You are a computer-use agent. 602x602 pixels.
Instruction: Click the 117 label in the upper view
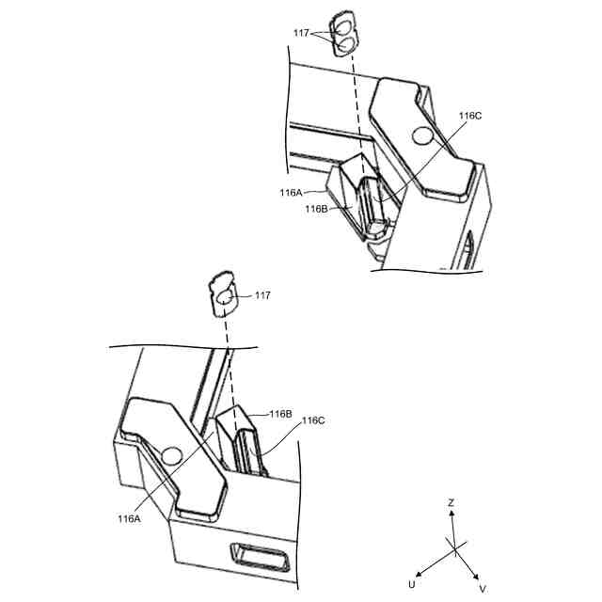point(301,33)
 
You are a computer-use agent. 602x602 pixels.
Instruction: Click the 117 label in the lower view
point(262,295)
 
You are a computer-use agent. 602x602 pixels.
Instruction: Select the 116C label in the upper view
point(470,116)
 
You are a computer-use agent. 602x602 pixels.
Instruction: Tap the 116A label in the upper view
point(291,192)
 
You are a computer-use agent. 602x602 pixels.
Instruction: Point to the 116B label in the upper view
point(315,209)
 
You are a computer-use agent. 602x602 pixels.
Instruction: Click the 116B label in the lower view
point(280,414)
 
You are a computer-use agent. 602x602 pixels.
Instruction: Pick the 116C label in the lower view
point(313,421)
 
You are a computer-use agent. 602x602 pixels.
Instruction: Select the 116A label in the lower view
point(129,518)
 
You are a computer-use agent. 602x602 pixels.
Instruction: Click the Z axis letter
point(451,503)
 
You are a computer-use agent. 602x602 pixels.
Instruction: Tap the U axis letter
point(411,584)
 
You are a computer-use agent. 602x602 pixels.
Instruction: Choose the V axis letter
point(483,588)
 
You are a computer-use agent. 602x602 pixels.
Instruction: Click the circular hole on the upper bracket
point(423,137)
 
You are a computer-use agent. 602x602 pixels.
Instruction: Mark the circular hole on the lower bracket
point(170,456)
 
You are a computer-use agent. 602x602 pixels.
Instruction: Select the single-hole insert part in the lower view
point(225,297)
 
